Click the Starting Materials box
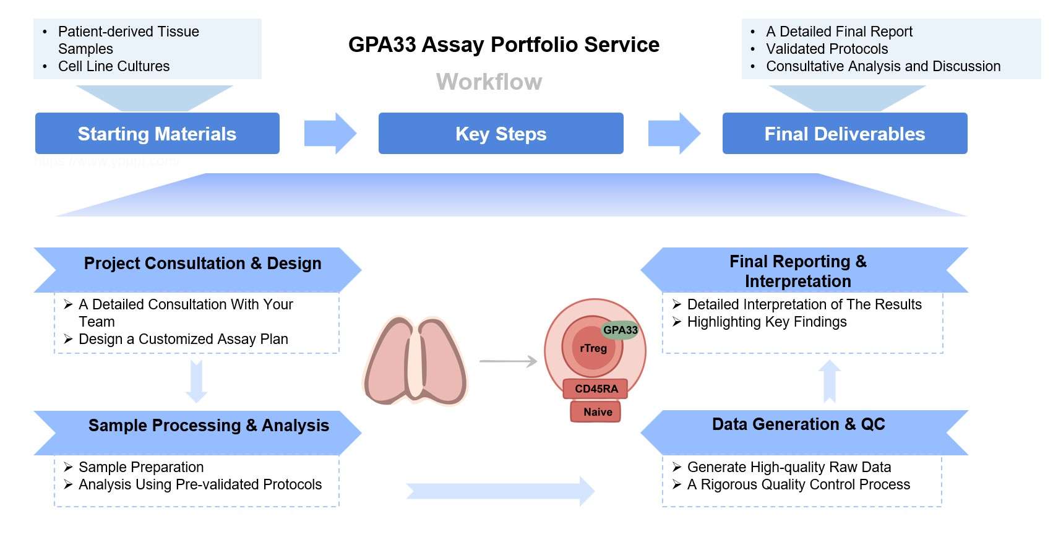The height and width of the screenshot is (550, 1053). (157, 134)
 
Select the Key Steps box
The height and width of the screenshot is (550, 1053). (501, 134)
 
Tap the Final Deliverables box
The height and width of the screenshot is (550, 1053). (845, 134)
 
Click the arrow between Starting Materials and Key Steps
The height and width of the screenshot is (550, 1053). (330, 133)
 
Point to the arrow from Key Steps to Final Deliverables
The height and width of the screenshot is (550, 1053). (674, 133)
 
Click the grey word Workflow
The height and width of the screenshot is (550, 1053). (489, 82)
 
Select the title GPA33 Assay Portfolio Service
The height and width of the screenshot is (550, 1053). (504, 45)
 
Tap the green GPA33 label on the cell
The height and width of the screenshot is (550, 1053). (620, 330)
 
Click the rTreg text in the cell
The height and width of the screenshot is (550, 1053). (593, 348)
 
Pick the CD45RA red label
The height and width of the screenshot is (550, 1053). (596, 389)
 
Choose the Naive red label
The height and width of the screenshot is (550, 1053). (597, 412)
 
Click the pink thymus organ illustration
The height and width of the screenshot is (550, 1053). (415, 360)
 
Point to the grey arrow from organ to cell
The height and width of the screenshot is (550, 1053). (509, 361)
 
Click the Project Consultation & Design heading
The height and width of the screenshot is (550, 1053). (202, 264)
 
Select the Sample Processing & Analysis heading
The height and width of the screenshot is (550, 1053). (208, 426)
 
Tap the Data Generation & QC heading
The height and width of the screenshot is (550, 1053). (798, 424)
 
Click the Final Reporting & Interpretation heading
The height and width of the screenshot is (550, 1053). (798, 271)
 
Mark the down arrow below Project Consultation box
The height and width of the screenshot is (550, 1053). (197, 380)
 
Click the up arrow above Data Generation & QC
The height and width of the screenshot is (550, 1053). (829, 381)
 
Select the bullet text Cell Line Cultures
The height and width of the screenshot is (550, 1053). (114, 66)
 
